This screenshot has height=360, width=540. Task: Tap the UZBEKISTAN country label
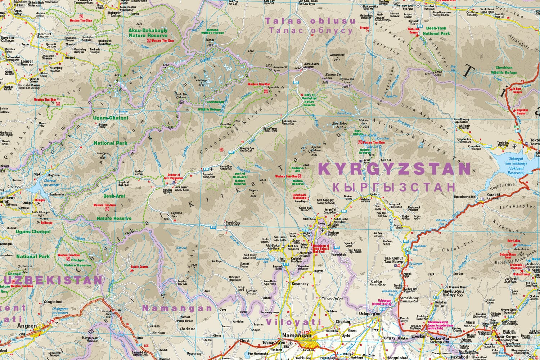[51, 280]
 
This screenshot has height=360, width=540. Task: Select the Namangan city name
[298, 336]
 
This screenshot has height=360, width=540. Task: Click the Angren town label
[27, 326]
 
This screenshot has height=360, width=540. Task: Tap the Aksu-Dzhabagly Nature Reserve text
[148, 33]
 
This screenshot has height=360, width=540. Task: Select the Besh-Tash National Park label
[436, 31]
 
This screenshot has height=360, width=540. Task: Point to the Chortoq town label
[342, 321]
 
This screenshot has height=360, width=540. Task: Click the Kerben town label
[334, 233]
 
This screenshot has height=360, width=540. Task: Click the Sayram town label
[8, 37]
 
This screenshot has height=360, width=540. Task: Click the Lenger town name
[27, 61]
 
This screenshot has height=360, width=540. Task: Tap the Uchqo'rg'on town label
[370, 314]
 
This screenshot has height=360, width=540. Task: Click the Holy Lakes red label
[514, 241]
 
